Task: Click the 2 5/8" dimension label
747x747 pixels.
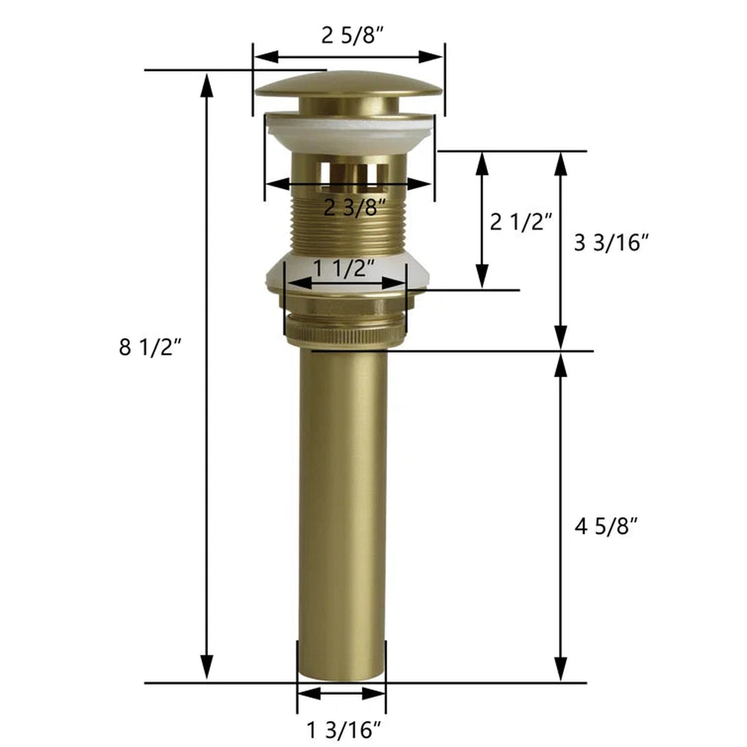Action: [353, 36]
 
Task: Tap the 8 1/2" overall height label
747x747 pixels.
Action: [150, 347]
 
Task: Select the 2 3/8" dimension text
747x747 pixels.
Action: [355, 208]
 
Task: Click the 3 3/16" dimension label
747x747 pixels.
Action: [611, 242]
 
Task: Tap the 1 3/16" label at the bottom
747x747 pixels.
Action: [344, 730]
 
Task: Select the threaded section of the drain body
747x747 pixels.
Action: [349, 227]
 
